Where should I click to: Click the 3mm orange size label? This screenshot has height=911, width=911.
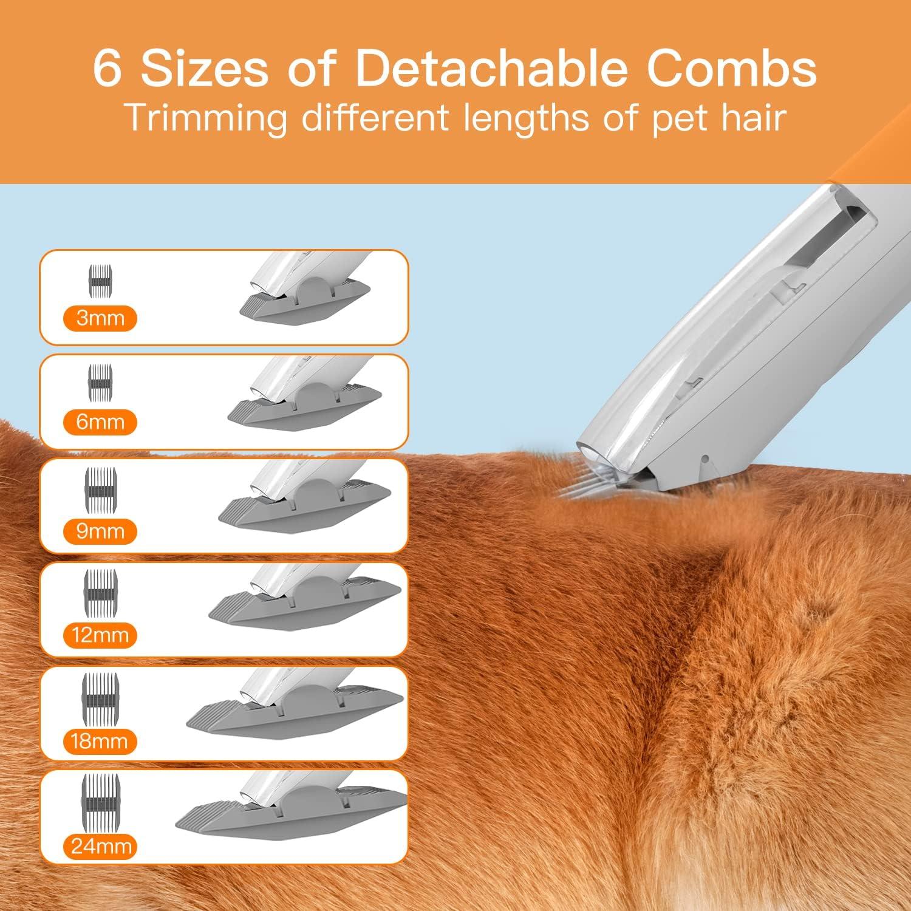(100, 318)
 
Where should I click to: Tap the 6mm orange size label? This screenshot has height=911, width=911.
(100, 422)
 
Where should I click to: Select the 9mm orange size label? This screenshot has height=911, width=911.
(100, 531)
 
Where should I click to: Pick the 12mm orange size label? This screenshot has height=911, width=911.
(100, 635)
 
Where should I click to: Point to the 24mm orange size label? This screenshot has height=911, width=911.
(100, 846)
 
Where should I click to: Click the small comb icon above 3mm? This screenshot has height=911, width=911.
(101, 281)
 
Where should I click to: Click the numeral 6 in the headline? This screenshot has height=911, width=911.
(108, 69)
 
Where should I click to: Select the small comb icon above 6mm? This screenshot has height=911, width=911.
(101, 384)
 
